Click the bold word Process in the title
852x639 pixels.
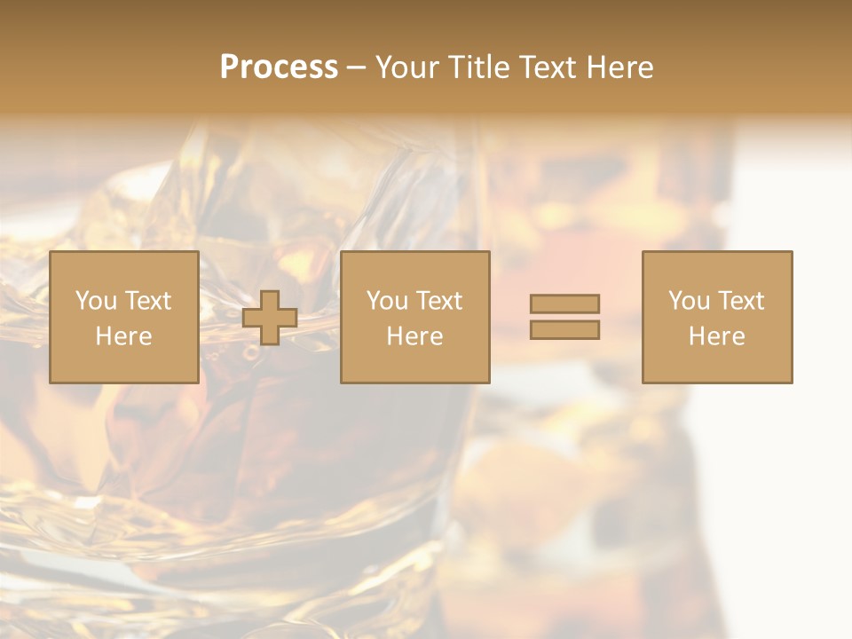(279, 67)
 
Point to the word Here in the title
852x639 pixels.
(620, 67)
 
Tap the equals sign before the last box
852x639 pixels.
(564, 317)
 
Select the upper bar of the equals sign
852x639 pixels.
(564, 304)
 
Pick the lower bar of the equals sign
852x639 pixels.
(564, 329)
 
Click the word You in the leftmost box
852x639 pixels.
(96, 301)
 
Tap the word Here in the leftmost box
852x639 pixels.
(123, 336)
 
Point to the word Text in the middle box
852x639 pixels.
(439, 301)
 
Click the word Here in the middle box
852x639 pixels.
(414, 336)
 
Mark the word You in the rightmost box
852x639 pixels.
(689, 301)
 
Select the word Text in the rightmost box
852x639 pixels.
(741, 301)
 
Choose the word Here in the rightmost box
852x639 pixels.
(716, 336)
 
